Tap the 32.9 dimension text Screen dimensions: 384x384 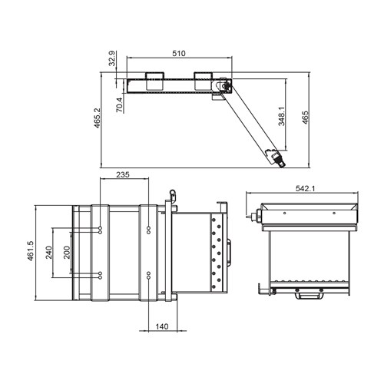(112, 60)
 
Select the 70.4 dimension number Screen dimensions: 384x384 (119, 105)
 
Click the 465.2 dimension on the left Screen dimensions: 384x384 (98, 119)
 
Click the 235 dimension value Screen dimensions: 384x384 (122, 175)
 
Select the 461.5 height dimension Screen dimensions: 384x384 (30, 252)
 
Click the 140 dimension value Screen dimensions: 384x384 (162, 326)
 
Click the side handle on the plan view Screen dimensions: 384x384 (233, 251)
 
